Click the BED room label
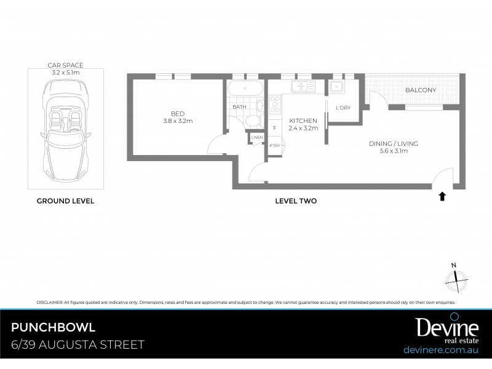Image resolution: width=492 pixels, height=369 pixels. pyautogui.click(x=178, y=113)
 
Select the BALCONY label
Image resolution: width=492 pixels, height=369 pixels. pyautogui.click(x=421, y=90)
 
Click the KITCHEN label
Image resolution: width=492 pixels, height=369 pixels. pyautogui.click(x=303, y=121)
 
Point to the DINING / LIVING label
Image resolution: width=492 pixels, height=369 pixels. pyautogui.click(x=394, y=143)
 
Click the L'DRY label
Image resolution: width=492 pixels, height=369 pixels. pyautogui.click(x=343, y=108)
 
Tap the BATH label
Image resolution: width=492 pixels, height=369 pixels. pyautogui.click(x=239, y=107)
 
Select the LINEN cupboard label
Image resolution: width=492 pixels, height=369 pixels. pyautogui.click(x=256, y=137)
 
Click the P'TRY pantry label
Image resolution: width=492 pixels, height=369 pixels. pyautogui.click(x=274, y=145)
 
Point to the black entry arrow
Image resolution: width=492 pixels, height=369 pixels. pyautogui.click(x=442, y=196)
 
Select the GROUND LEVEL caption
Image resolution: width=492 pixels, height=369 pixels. pyautogui.click(x=65, y=200)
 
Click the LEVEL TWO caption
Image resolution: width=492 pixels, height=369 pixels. pyautogui.click(x=295, y=200)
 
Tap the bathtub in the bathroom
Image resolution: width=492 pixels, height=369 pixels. pyautogui.click(x=245, y=89)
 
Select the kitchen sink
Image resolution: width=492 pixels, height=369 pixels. pyautogui.click(x=303, y=87)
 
